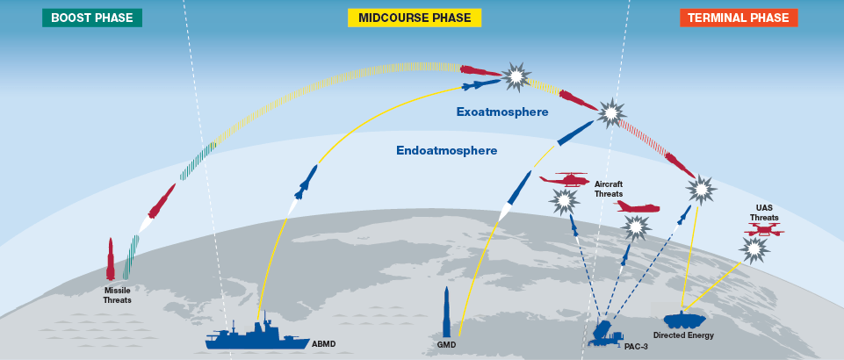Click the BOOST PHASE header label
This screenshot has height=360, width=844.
pos(91,18)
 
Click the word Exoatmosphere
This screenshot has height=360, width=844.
pos(501,112)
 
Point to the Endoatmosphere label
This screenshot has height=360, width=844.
pos(446,151)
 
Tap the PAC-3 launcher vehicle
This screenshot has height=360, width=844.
pos(607,333)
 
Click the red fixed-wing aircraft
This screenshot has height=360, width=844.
pos(637,207)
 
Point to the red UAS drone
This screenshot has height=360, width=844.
pos(763,231)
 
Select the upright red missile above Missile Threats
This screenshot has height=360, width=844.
pos(111,259)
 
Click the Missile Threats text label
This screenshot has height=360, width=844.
pos(117,295)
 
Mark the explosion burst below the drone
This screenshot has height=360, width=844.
pos(753,250)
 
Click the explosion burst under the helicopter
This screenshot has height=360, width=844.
pos(560,202)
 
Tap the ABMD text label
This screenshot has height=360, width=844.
pos(324,343)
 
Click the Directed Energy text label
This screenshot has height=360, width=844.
pos(683,335)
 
